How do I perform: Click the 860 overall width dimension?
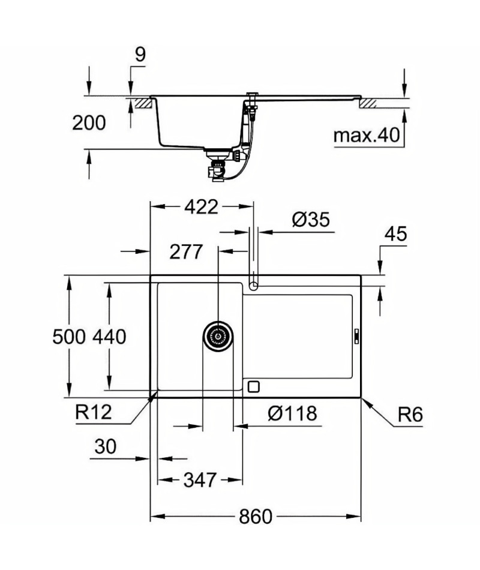255,517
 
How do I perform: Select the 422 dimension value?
201,207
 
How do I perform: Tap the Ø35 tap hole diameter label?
311,220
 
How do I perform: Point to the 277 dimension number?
186,251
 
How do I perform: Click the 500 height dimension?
69,337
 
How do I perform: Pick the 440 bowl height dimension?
109,337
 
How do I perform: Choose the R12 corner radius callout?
94,412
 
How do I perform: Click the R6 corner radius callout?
410,415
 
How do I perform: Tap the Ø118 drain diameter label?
293,413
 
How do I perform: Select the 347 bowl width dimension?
200,480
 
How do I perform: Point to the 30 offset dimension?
106,446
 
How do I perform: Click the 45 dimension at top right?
396,234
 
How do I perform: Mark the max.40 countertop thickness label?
367,135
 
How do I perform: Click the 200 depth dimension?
89,123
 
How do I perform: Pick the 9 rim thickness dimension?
140,55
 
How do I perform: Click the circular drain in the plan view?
218,336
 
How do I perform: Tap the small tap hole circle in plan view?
253,286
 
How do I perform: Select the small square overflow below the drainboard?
253,386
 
